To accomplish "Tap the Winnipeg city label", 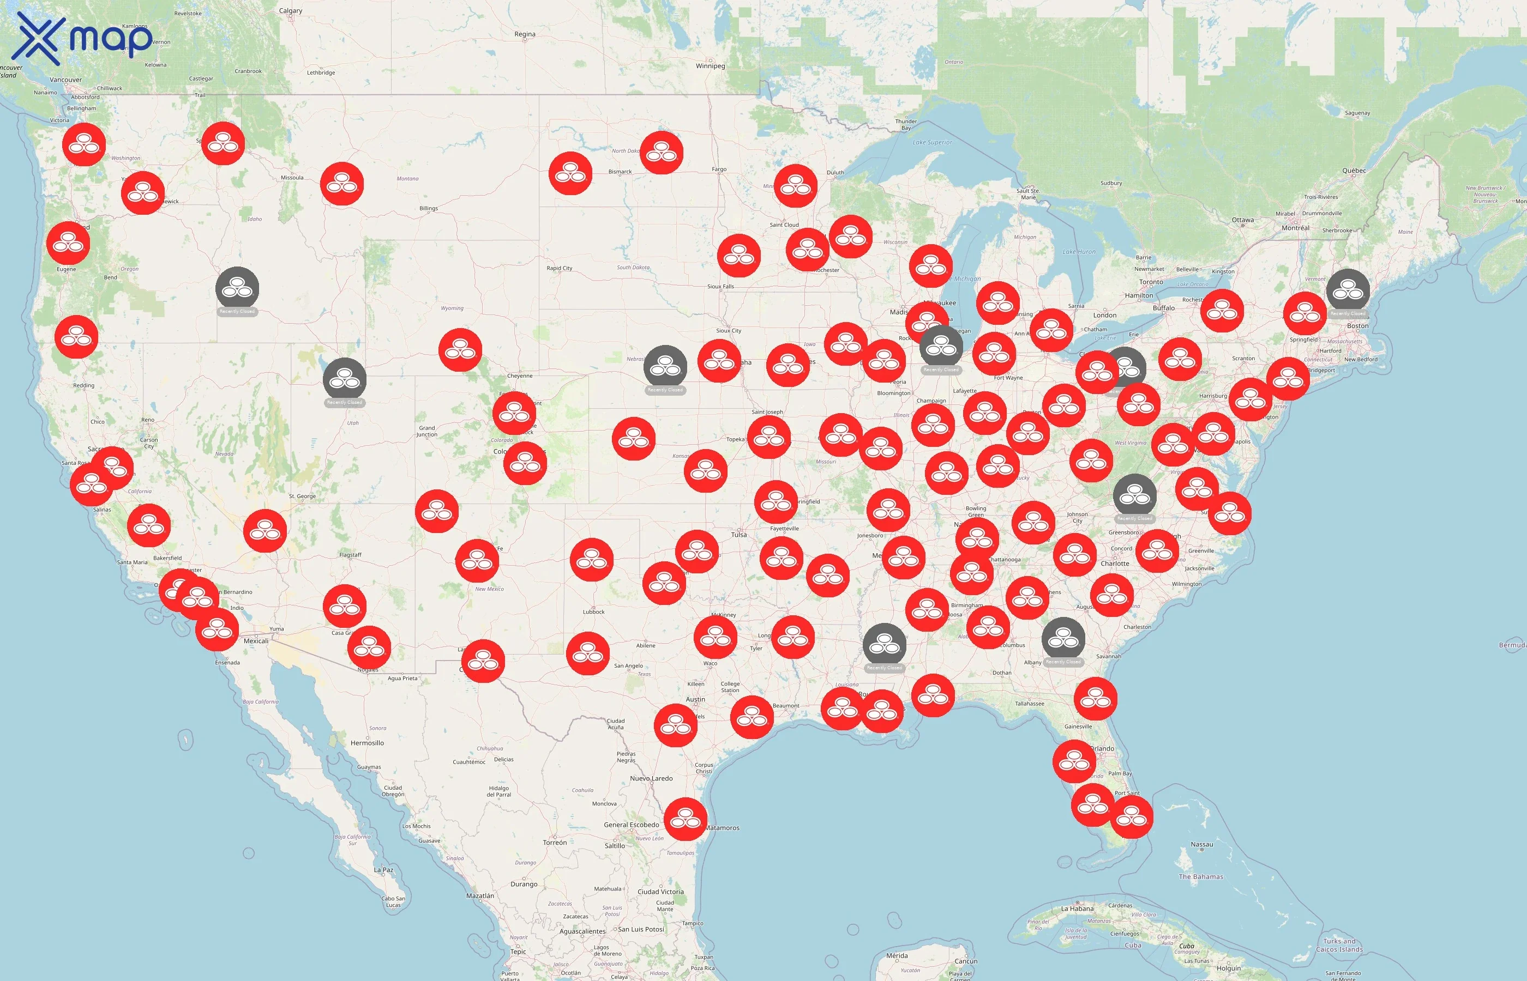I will [x=710, y=65].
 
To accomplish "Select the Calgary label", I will [x=291, y=11].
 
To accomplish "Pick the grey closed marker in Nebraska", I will [x=665, y=366].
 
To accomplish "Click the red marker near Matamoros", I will [x=685, y=819].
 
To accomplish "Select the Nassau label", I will [x=1201, y=844].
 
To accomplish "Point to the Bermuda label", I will [x=1512, y=645].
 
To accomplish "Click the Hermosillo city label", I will [x=367, y=743].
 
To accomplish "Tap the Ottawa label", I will [x=1242, y=220].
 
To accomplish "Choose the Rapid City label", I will [x=559, y=268].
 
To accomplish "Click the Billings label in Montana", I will [x=428, y=208].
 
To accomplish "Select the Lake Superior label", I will [x=932, y=142].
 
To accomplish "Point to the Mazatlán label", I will [x=480, y=895].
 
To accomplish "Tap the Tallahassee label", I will [x=1029, y=703].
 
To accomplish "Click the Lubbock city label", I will [x=593, y=611].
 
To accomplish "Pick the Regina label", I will [x=525, y=34].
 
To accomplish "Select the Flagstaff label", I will [x=350, y=555].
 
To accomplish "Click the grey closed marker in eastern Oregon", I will [x=237, y=288].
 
